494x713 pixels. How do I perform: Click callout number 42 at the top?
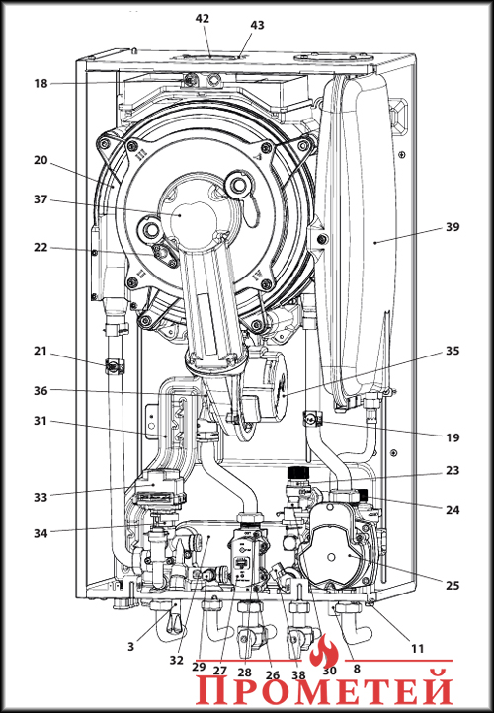pos(202,19)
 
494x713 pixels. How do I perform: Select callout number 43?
pos(258,25)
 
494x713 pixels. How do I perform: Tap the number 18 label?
pos(41,84)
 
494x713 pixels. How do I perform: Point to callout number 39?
pos(453,227)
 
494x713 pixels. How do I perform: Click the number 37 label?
pos(41,199)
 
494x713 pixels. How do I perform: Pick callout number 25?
pos(453,585)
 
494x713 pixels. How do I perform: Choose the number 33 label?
pos(41,497)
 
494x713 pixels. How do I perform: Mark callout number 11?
pos(417,649)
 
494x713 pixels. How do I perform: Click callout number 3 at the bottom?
pos(131,646)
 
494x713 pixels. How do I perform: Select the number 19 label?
pos(453,437)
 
